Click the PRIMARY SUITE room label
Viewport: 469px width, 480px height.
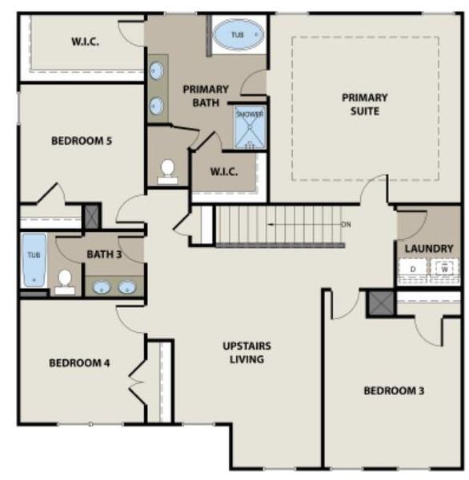click(365, 104)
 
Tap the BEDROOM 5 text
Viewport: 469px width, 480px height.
click(81, 141)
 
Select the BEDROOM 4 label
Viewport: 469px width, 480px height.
click(79, 362)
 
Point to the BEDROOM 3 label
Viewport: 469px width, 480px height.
click(394, 390)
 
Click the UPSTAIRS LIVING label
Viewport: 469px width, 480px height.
click(247, 352)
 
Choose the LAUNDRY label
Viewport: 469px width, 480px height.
click(428, 249)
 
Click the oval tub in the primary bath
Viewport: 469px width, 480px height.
click(239, 35)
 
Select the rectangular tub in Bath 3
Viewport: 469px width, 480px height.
click(34, 259)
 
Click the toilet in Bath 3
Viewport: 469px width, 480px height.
click(65, 280)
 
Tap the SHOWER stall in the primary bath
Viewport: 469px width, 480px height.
click(250, 126)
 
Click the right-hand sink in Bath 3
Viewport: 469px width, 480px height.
click(126, 286)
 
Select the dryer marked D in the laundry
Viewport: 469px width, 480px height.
click(413, 270)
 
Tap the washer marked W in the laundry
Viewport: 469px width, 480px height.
click(443, 270)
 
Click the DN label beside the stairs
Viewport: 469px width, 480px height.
click(346, 224)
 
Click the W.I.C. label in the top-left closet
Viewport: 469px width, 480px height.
click(85, 42)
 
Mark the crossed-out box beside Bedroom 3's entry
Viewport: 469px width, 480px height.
click(377, 303)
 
